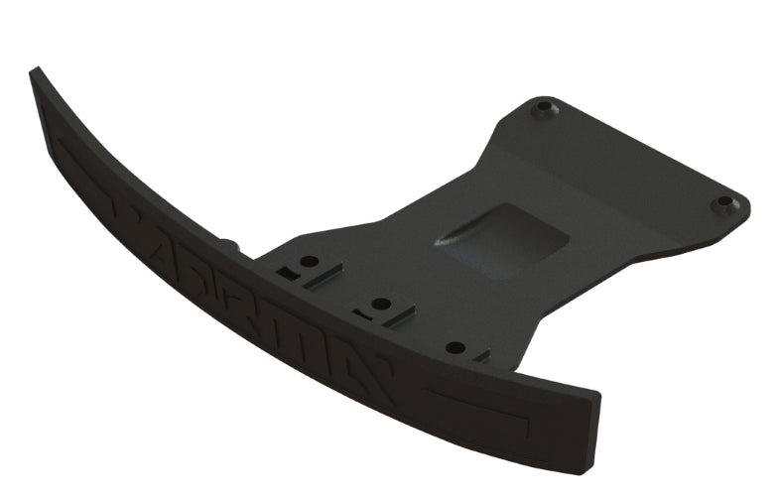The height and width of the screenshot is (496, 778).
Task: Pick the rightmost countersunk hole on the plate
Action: point(724,203)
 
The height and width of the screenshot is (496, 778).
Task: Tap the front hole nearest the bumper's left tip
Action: point(310,262)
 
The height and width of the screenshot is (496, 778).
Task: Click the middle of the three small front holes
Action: point(380,304)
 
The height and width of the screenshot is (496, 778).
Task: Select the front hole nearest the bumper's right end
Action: point(455,347)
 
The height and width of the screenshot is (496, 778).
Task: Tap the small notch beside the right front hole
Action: point(480,354)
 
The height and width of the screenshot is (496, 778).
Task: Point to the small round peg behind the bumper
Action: point(228,243)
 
